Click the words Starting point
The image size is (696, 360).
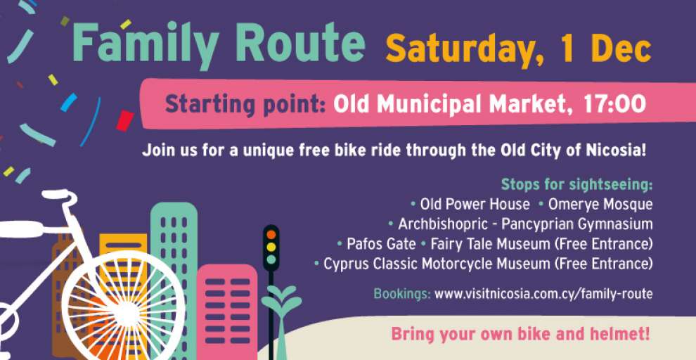(x=246, y=105)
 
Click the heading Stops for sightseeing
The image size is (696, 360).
(x=577, y=185)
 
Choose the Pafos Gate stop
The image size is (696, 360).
(x=381, y=244)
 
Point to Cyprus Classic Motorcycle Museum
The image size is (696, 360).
(x=437, y=264)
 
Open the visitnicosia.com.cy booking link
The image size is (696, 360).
(x=543, y=294)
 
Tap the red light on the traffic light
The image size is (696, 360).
(x=271, y=234)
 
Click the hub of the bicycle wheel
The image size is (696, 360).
(x=127, y=314)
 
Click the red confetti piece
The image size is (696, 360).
(x=125, y=121)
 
